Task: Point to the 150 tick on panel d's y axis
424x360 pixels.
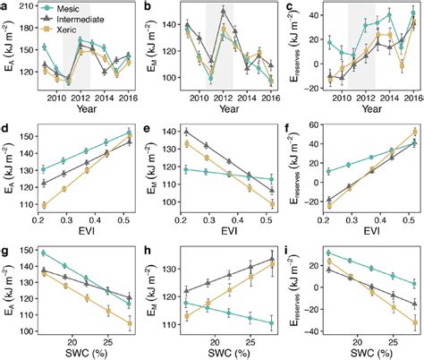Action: pyautogui.click(x=27, y=135)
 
